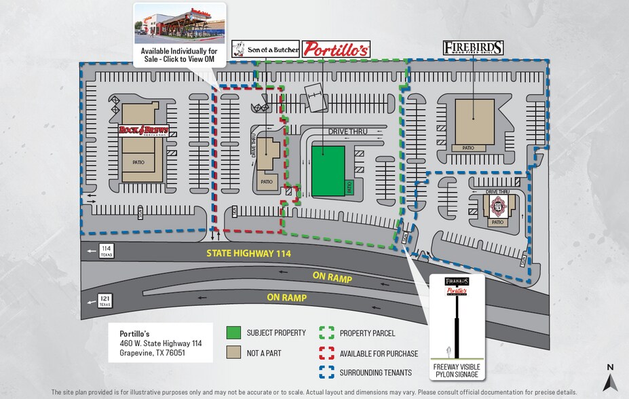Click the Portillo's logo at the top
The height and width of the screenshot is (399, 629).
pos(336,49)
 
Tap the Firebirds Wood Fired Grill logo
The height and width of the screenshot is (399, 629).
pos(474,47)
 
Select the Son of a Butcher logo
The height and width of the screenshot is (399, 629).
pos(265,49)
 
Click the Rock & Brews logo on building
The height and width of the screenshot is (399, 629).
pos(143,130)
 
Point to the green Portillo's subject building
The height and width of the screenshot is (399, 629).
pos(328,171)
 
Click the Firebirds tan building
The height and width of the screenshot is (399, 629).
pos(474,121)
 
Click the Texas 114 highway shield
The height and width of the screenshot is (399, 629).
pos(106,251)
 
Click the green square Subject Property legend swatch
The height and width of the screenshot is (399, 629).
pos(233,333)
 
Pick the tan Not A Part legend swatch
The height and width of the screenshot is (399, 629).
pos(233,353)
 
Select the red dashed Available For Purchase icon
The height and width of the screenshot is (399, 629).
pos(326,353)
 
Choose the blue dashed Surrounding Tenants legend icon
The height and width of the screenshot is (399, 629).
pos(326,373)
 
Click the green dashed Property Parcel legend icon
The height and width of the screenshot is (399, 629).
pos(326,333)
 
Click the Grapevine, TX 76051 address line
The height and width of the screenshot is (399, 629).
pos(152,353)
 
